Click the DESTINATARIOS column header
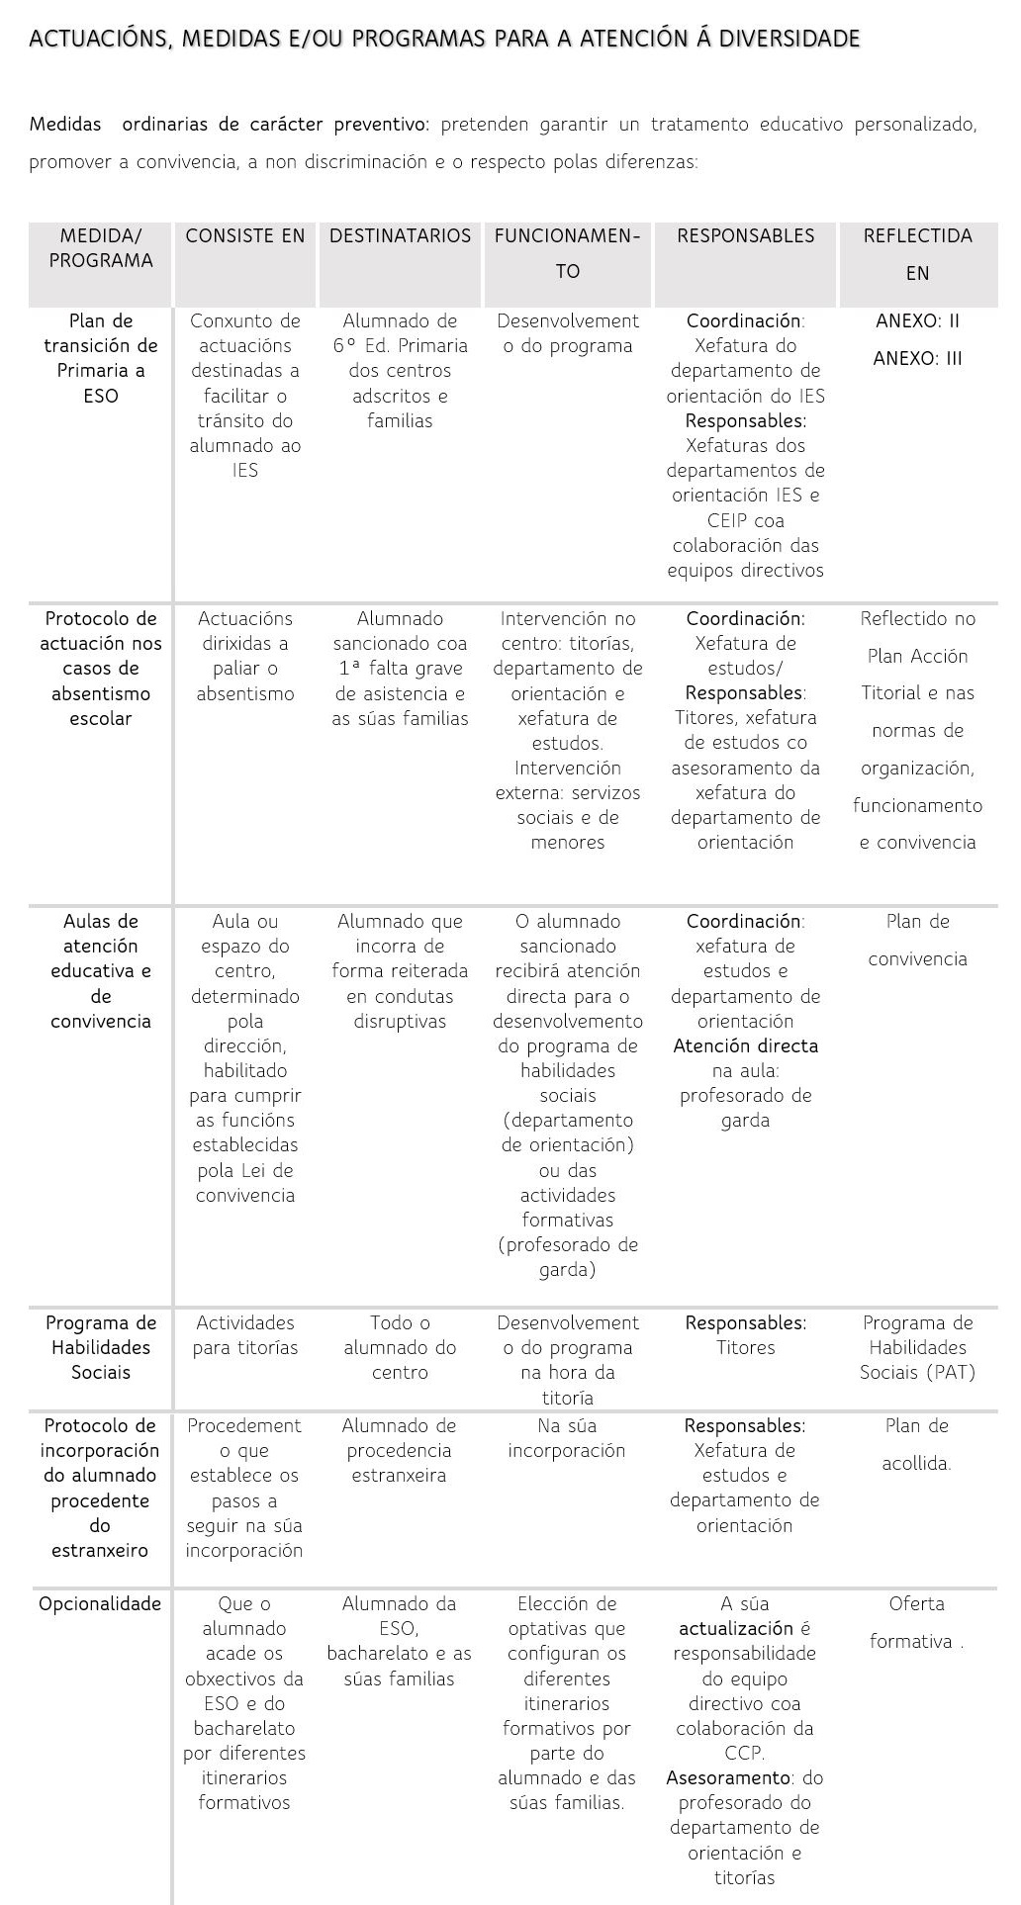pos(400,236)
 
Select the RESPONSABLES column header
pos(745,236)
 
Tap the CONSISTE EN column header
pos(245,236)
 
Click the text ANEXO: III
pos(917,359)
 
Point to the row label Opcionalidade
pos(100,1604)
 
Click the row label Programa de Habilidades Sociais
pos(101,1347)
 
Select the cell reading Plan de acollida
pos(916,1444)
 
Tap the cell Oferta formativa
pos(916,1622)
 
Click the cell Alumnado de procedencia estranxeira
pos(399,1450)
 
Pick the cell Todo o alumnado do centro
pos(400,1347)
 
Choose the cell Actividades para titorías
pos(245,1335)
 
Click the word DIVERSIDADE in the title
pos(789,39)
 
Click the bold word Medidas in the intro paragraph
pos(65,125)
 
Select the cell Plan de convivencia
pos(917,940)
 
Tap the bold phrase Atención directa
pos(745,1046)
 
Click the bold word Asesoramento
pos(728,1778)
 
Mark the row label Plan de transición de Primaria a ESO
pos(101,358)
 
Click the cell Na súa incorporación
pos(567,1438)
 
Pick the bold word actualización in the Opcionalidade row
pos(735,1629)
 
